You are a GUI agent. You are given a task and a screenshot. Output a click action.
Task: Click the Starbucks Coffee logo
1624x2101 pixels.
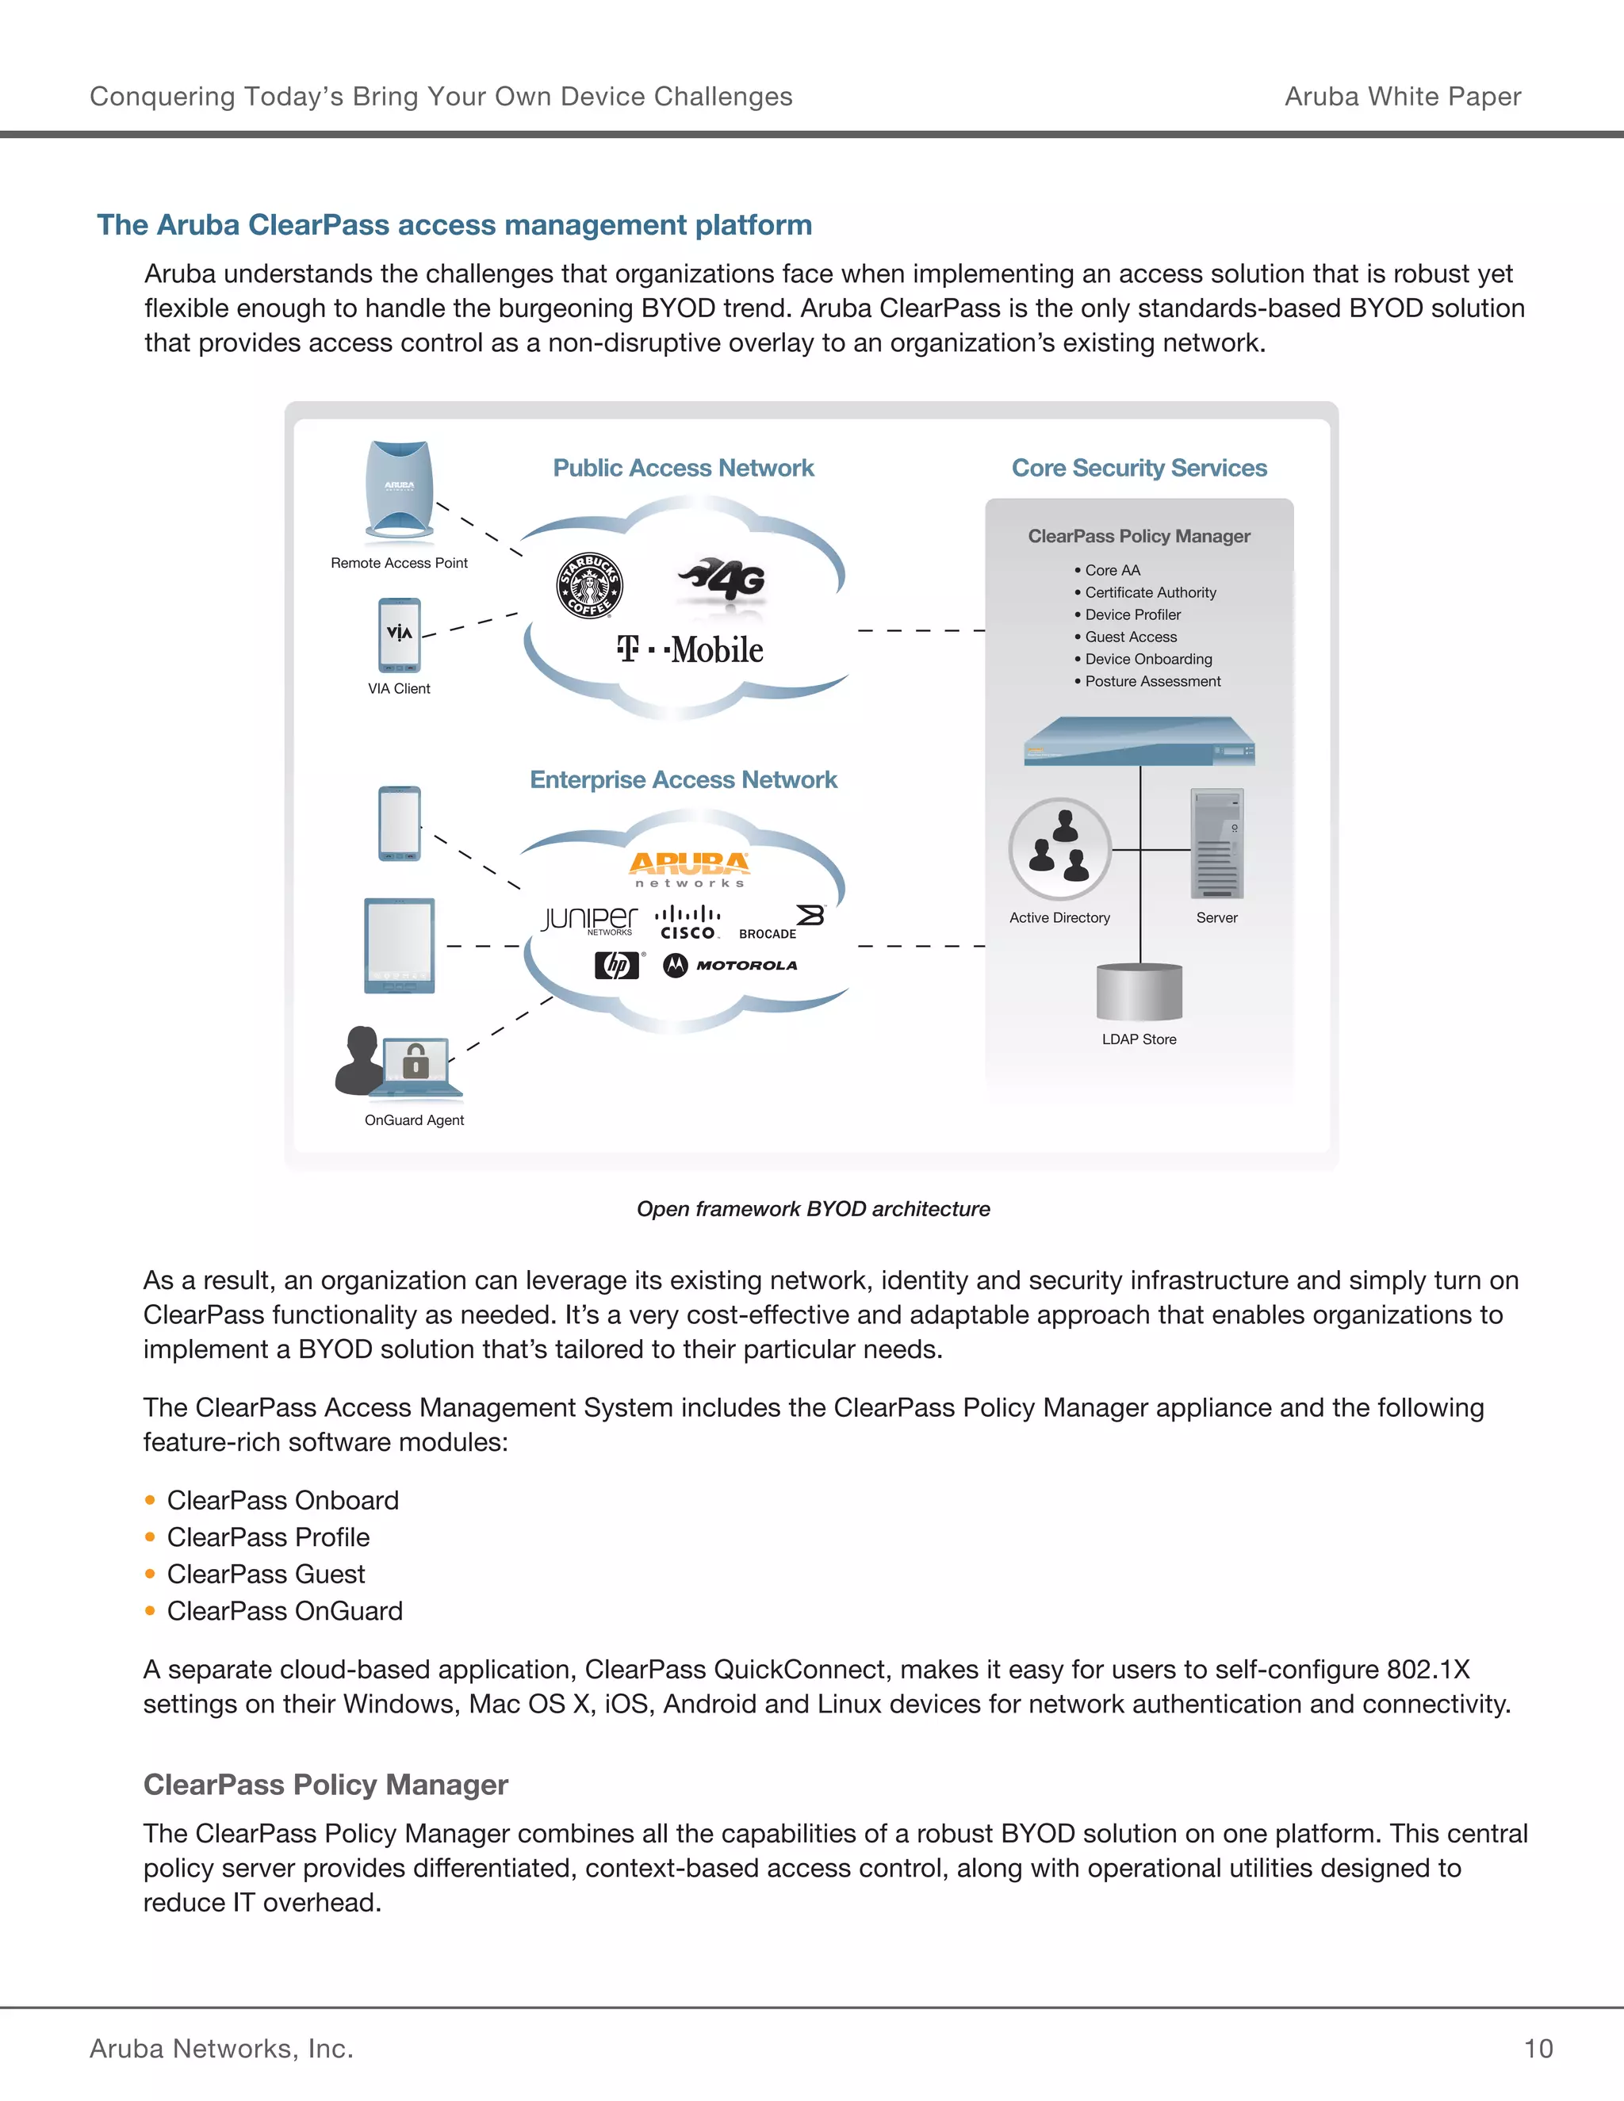coord(590,586)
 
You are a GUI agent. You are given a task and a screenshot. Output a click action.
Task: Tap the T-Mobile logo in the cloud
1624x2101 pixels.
coord(690,649)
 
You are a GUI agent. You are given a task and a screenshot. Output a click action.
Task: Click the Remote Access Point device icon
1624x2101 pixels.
coord(400,491)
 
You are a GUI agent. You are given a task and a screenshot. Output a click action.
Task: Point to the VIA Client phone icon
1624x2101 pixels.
coord(400,635)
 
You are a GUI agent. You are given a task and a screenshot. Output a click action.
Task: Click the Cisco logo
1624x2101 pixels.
coord(688,923)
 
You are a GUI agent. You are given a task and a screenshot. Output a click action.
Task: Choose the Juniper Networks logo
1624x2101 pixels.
coord(589,920)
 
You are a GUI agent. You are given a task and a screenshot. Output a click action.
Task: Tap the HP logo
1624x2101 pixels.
coord(617,965)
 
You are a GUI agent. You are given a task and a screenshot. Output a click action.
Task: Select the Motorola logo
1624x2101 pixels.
coord(730,965)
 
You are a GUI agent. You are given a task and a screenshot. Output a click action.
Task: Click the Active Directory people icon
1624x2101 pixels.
coord(1059,849)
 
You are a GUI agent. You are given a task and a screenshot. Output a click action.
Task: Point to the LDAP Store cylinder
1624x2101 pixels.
coord(1139,992)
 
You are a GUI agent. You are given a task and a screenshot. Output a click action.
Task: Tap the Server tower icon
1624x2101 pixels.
coord(1217,844)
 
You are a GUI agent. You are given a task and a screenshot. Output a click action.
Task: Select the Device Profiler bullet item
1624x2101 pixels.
coord(1132,614)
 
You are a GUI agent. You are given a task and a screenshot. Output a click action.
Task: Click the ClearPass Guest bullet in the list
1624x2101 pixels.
coord(266,1575)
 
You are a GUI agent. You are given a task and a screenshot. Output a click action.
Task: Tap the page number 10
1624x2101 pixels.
coord(1538,2049)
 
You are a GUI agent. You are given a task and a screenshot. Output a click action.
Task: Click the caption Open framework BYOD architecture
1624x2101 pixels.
coord(813,1209)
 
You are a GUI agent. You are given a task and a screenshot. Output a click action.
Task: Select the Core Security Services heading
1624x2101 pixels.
coord(1139,469)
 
